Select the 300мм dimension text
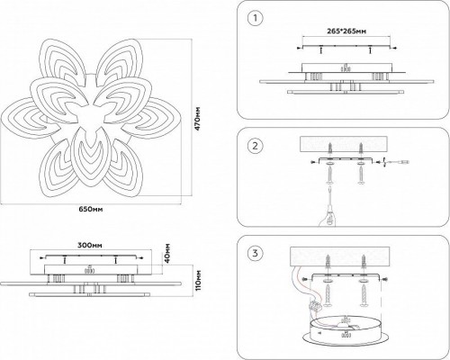coord(89,244)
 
